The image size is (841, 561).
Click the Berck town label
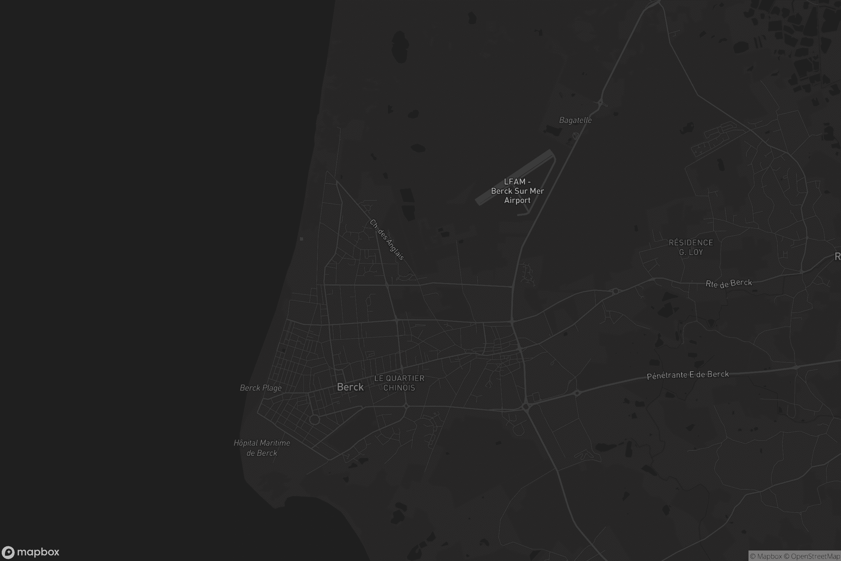click(x=350, y=387)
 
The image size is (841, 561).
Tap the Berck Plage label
click(x=261, y=388)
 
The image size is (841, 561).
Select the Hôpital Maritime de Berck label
click(x=262, y=448)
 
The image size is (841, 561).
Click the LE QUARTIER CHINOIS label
click(x=399, y=383)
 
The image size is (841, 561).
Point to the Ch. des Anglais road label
click(x=387, y=240)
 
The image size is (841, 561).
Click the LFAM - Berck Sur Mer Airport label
click(x=517, y=191)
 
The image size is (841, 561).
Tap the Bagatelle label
click(x=575, y=120)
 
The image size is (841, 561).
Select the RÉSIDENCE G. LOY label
click(x=691, y=247)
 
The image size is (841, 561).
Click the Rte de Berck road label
click(x=729, y=283)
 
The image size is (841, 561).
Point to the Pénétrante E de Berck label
click(x=688, y=375)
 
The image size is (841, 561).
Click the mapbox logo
click(x=30, y=552)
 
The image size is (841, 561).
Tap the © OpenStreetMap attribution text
click(x=815, y=556)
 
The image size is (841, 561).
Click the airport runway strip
click(x=515, y=177)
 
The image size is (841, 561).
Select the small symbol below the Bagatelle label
click(x=575, y=136)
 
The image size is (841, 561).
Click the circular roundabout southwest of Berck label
click(x=314, y=420)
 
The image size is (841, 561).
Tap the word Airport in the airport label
click(x=517, y=200)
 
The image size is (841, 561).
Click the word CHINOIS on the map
click(x=399, y=388)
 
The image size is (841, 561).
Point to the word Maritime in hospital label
click(x=275, y=443)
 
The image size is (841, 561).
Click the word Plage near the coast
click(x=272, y=388)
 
